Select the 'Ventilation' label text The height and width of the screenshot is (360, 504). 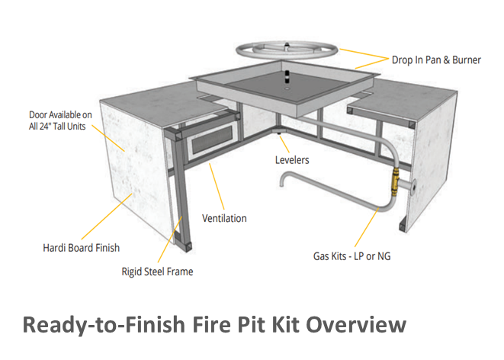click(224, 218)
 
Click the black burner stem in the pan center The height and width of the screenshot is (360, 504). click(287, 77)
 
